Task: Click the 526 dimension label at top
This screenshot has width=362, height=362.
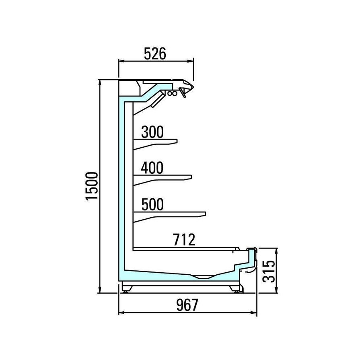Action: coord(155,53)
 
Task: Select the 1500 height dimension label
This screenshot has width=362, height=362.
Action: coord(92,186)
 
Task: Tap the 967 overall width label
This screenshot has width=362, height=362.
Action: coord(187,305)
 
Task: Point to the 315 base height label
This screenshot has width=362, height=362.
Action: coord(269,271)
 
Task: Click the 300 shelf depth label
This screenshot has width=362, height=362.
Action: coord(152,132)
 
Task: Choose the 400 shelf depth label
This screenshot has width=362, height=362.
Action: coord(152,168)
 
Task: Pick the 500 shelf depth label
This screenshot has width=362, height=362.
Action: coord(152,204)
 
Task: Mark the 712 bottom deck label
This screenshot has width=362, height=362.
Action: coord(184,240)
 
